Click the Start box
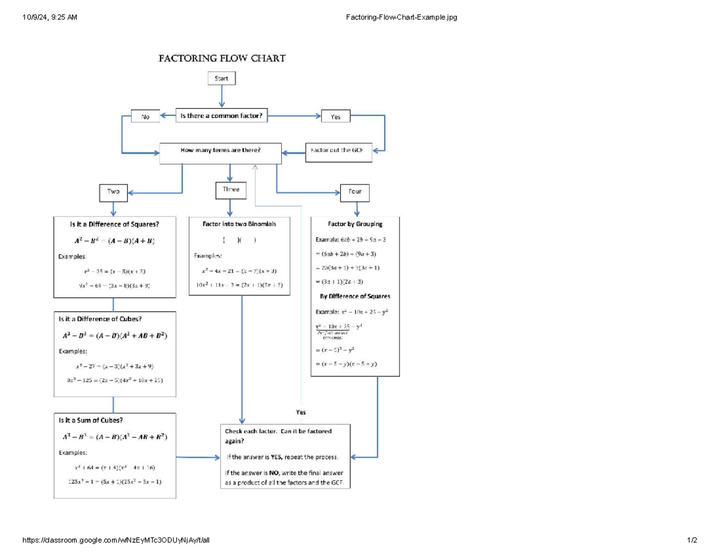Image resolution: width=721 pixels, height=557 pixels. (x=222, y=78)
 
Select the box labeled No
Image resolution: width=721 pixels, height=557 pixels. (x=145, y=117)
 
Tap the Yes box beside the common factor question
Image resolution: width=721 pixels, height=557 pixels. (x=336, y=117)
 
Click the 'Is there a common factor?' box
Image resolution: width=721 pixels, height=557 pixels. (x=222, y=116)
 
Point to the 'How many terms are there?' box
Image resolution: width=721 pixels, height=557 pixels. (x=221, y=153)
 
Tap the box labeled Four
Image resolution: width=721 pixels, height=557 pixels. (x=355, y=192)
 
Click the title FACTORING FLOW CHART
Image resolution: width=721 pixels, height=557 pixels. (x=222, y=58)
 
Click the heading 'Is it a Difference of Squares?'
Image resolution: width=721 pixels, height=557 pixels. (x=115, y=224)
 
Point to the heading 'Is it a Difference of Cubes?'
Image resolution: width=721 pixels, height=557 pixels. (x=100, y=318)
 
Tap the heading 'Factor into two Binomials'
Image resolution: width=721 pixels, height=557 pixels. (x=240, y=224)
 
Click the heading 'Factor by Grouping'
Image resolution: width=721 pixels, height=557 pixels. (x=355, y=224)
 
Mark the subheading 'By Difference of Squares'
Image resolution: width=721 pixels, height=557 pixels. (x=355, y=296)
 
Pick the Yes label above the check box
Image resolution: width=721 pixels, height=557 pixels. (x=301, y=413)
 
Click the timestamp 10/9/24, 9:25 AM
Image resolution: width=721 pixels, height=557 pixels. (x=50, y=17)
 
